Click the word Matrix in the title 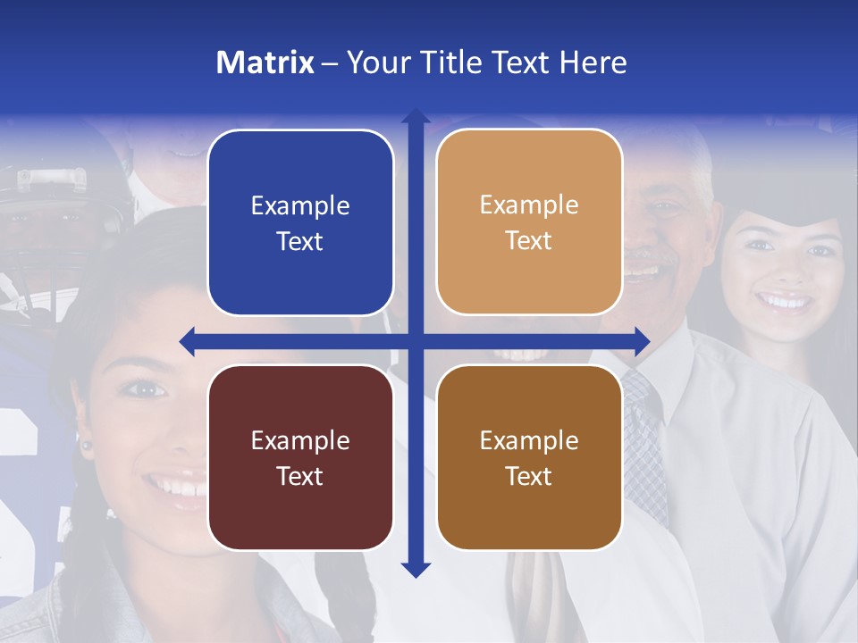265,63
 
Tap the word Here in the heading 593,63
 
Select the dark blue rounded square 300,223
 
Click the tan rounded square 529,222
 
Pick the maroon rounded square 300,457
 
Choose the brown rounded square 529,457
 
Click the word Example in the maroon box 300,440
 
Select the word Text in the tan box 529,241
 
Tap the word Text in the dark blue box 300,242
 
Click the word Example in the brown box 529,440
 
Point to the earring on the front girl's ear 88,444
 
